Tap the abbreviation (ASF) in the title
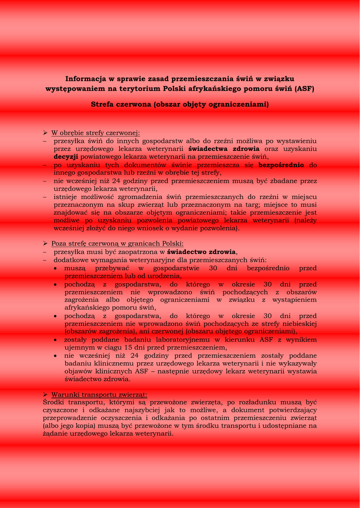[x=304, y=89]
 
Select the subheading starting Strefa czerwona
[x=180, y=104]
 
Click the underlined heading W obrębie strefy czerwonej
[x=96, y=133]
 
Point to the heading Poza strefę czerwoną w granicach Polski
[x=117, y=244]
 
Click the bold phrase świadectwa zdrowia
[x=224, y=149]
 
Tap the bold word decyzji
[x=66, y=157]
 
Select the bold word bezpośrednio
[x=281, y=165]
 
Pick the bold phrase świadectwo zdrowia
[x=202, y=252]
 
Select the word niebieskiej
[x=297, y=323]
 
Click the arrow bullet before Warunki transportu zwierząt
[x=45, y=394]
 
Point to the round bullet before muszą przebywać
[x=57, y=268]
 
